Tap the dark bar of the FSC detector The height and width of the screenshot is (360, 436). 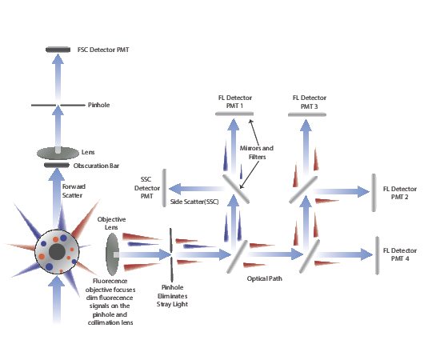(57, 50)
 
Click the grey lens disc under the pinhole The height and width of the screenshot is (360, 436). (57, 151)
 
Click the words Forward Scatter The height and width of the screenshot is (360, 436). (74, 191)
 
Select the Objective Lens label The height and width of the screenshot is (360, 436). (112, 222)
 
